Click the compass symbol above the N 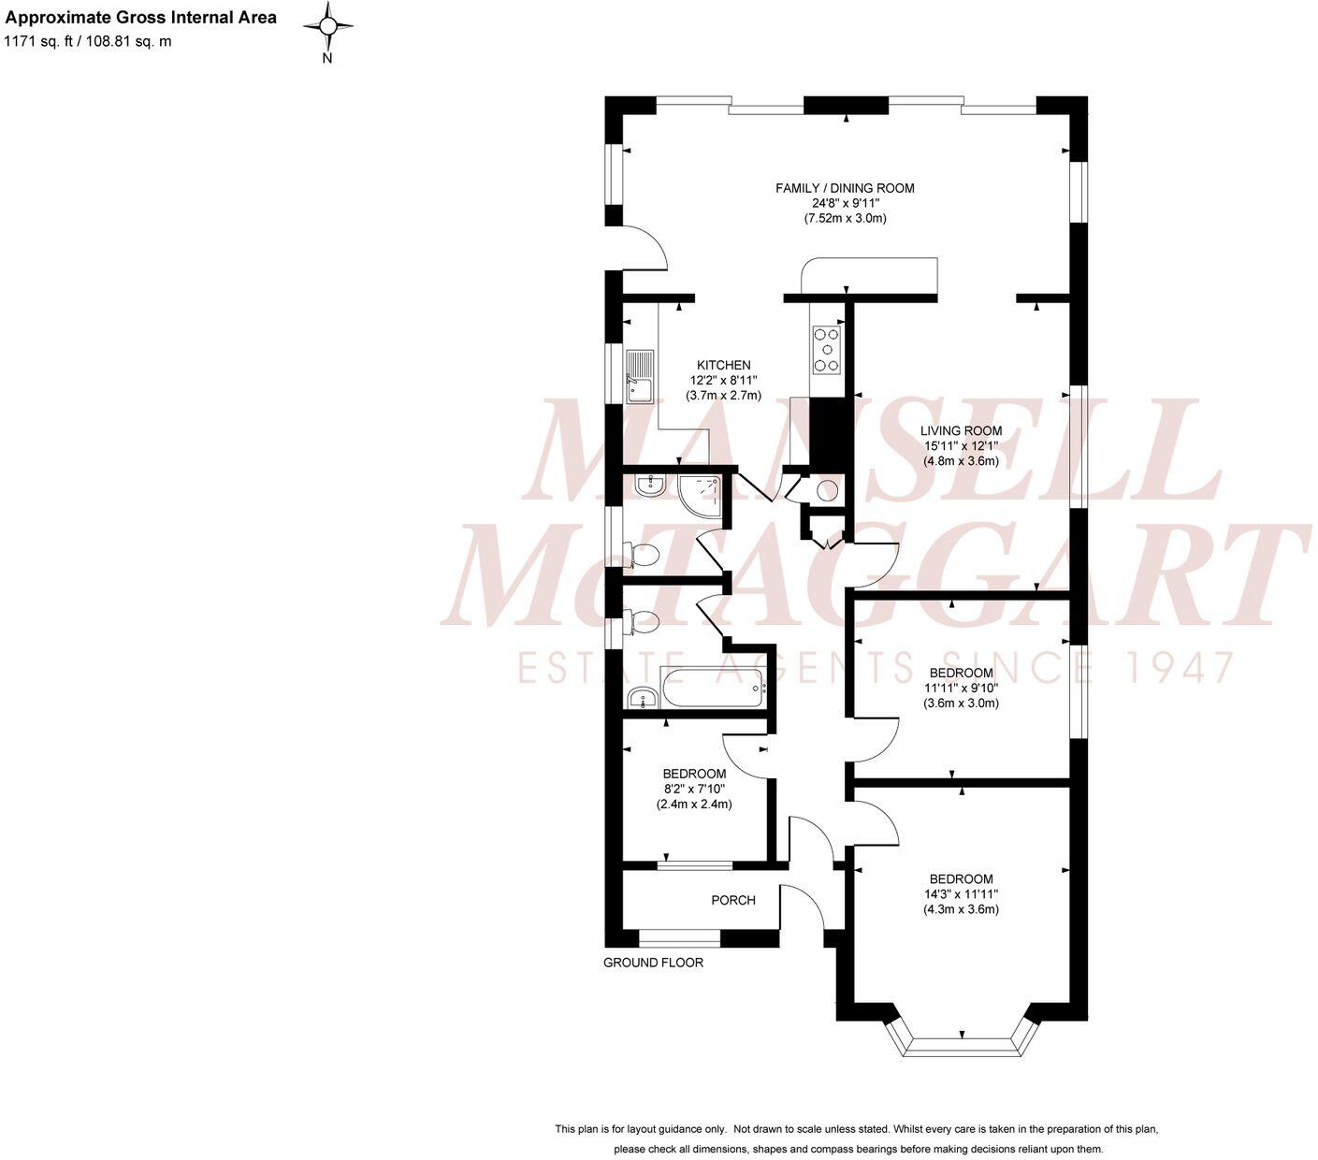(x=328, y=26)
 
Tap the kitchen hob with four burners (x=826, y=349)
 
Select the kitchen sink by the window (x=641, y=376)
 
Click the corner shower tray (x=702, y=496)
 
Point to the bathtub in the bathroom (x=714, y=689)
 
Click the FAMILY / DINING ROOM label (x=845, y=188)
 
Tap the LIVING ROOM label (x=961, y=431)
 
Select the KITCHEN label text (x=723, y=365)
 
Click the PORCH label (x=732, y=900)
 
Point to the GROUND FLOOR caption (x=653, y=962)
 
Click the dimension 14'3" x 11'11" (x=961, y=893)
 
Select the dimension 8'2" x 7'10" (x=694, y=789)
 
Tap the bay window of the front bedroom (x=961, y=1044)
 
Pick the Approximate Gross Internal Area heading (x=141, y=17)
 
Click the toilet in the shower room (x=643, y=557)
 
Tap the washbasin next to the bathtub (x=640, y=697)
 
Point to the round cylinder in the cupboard (x=827, y=490)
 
